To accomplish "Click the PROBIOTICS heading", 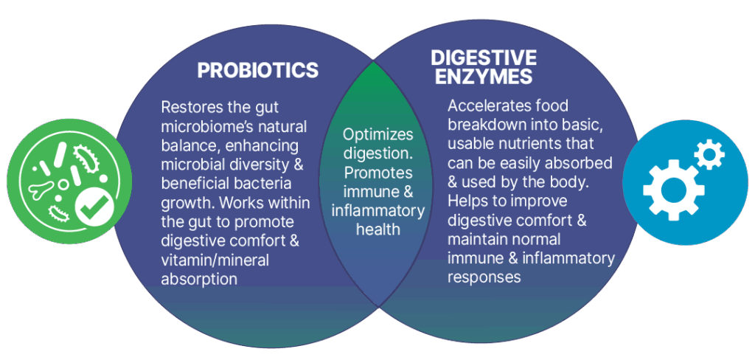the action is [x=258, y=70].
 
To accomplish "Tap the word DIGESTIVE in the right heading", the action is [x=484, y=58].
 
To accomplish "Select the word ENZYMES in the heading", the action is [x=484, y=77].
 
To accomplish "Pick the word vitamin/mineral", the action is [x=215, y=260].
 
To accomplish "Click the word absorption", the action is [x=199, y=279].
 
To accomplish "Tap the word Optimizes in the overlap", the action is [x=378, y=134].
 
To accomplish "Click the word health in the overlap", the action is [x=378, y=229].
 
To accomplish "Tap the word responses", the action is [x=484, y=277].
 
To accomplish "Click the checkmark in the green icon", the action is [x=97, y=209].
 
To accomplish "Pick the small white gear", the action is [x=709, y=154].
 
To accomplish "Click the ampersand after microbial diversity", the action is [x=299, y=164].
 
